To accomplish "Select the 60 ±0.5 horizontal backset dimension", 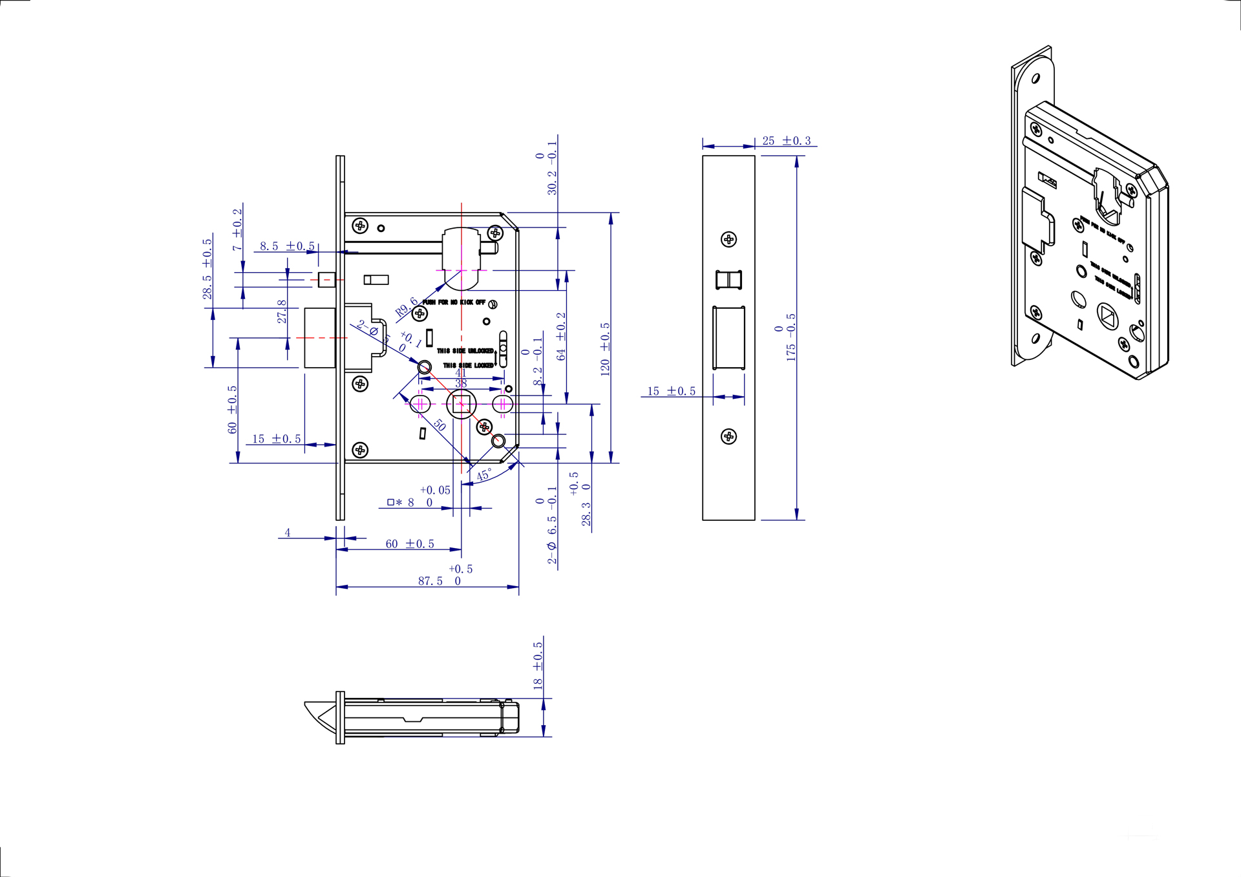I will coord(410,544).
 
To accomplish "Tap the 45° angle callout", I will coord(484,475).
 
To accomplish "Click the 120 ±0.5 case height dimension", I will coord(605,349).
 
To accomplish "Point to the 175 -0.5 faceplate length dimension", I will coord(791,337).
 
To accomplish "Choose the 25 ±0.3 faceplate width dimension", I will coord(786,141).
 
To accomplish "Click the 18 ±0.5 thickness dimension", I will coord(538,666).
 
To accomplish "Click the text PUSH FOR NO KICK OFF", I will coord(454,302).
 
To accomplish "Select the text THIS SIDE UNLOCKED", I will coord(465,351).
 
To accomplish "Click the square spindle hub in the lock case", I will coord(461,405).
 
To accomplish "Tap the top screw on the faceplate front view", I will coord(728,240).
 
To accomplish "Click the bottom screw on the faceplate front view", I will coord(728,436).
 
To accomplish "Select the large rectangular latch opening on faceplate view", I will coord(728,337).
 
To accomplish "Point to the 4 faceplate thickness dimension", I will coord(288,533).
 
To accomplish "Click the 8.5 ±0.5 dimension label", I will coord(287,246).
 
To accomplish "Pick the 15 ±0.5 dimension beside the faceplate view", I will coord(672,391).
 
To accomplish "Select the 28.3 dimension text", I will coord(586,514).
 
